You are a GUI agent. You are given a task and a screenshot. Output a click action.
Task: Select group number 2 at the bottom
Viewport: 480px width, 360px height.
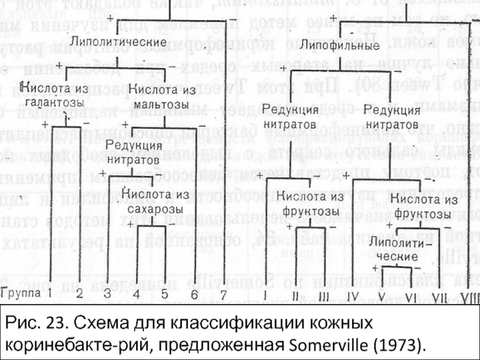pos(79,294)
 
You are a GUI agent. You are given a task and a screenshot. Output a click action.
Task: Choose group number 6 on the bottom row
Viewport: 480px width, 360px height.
pos(194,294)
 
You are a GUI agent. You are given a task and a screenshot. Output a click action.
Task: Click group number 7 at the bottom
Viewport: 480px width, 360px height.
pos(223,294)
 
